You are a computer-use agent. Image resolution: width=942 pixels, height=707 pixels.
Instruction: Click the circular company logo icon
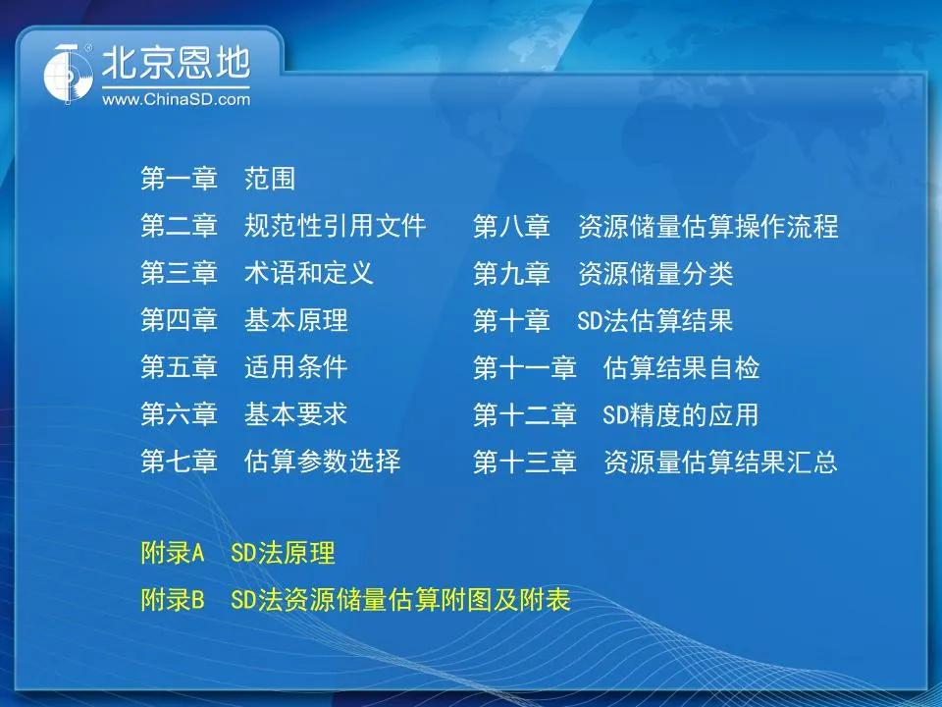coord(69,73)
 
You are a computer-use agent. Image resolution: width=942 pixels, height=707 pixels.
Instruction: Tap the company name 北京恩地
coord(176,63)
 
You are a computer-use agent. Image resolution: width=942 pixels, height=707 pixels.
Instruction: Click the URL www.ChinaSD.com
coord(176,99)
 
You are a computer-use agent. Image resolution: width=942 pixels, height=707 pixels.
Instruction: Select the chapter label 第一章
coord(179,179)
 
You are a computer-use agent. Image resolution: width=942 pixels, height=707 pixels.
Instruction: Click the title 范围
coord(270,179)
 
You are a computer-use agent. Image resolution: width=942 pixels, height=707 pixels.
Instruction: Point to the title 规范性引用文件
coord(335,226)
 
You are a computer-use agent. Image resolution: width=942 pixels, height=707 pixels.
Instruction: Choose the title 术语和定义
coord(309,273)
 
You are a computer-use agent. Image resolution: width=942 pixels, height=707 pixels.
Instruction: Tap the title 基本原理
coord(295,320)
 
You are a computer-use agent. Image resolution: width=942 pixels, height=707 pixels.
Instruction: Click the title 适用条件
coord(295,366)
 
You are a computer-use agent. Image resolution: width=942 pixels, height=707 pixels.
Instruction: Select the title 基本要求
coord(295,414)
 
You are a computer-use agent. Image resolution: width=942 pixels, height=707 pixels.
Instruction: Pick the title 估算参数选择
coord(322,462)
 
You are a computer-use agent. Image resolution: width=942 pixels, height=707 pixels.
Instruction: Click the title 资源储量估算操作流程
coord(707,226)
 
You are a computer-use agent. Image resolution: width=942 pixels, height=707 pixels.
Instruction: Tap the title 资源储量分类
coord(655,274)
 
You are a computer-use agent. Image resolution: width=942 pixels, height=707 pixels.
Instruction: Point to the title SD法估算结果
coord(654,320)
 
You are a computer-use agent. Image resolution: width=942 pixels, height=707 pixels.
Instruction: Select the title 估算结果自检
coord(681,367)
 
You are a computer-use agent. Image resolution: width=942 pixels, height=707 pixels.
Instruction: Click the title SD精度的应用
coord(681,414)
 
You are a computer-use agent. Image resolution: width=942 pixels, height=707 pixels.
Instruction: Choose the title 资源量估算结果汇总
coord(720,462)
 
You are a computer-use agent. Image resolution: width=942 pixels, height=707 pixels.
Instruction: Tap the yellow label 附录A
coord(173,553)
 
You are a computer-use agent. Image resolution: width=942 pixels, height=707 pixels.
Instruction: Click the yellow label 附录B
coord(173,599)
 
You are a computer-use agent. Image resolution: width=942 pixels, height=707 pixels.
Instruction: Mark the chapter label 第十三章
coord(525,462)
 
